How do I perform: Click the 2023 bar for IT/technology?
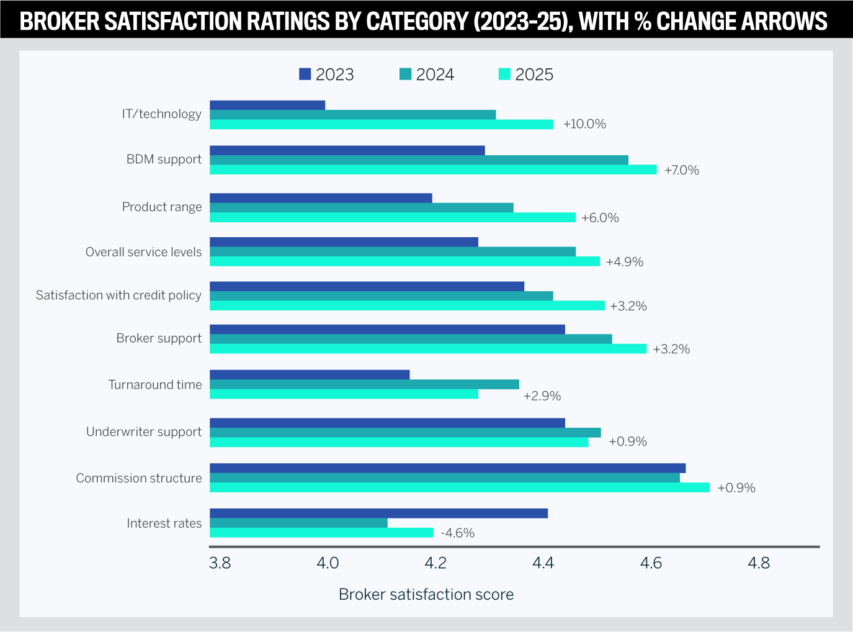(x=267, y=105)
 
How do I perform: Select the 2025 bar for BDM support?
(x=433, y=169)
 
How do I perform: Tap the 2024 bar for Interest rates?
(x=298, y=523)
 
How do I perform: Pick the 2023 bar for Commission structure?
(x=447, y=468)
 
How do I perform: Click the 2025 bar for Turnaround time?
(x=344, y=394)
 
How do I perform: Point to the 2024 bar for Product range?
(x=361, y=207)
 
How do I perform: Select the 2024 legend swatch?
(x=405, y=74)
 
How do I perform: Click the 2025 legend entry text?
(x=534, y=74)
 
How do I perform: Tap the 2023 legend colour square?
(x=305, y=74)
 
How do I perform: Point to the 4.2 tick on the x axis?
(x=435, y=563)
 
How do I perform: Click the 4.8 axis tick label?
(x=759, y=563)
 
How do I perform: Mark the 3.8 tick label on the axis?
(x=220, y=563)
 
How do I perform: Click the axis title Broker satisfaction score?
(x=426, y=594)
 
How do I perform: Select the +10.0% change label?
(x=584, y=124)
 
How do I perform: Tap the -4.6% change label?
(x=458, y=533)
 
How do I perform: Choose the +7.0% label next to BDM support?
(x=682, y=170)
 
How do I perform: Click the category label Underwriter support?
(x=144, y=431)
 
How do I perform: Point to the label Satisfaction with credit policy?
(x=118, y=295)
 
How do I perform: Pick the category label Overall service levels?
(x=143, y=252)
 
